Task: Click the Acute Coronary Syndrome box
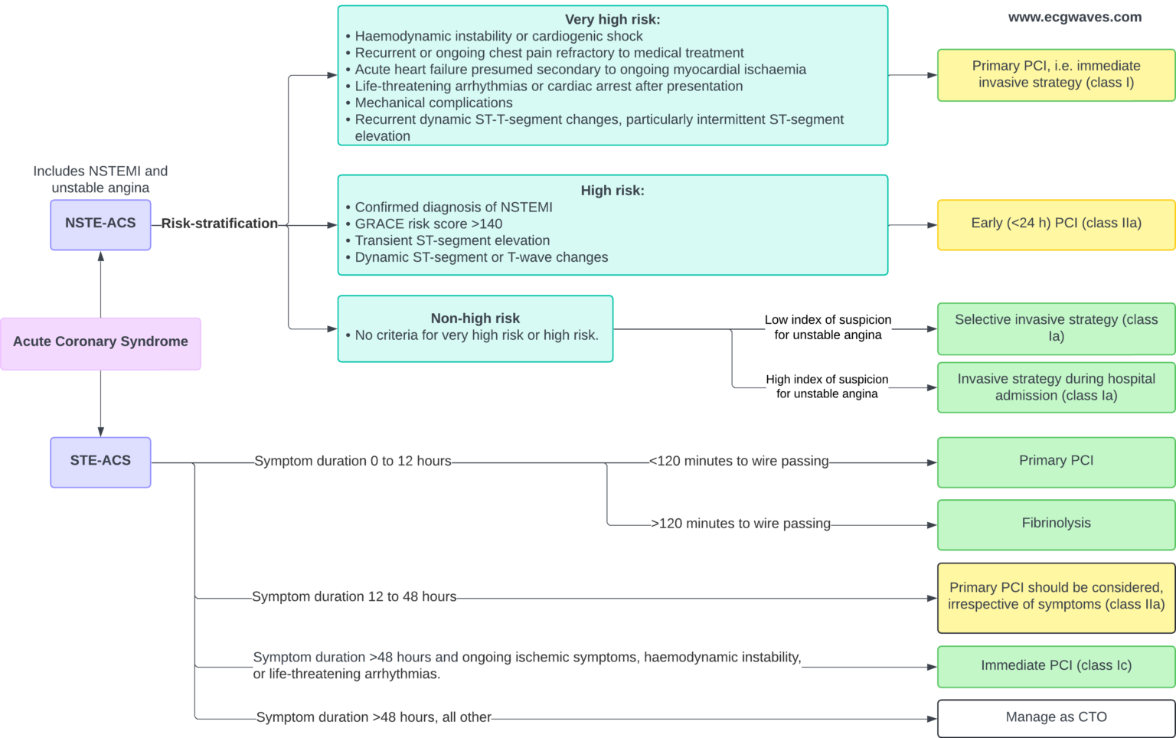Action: click(100, 342)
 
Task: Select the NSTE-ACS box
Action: click(100, 224)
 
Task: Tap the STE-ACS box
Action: click(100, 462)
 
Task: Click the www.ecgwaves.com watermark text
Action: click(1074, 18)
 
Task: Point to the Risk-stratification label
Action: click(219, 224)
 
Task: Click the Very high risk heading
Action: click(612, 20)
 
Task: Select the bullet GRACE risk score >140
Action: click(428, 224)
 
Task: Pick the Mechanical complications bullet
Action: click(433, 103)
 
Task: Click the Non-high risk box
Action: click(475, 328)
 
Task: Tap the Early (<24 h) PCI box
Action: click(1056, 224)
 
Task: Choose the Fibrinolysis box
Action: click(1056, 524)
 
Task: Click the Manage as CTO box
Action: click(1056, 718)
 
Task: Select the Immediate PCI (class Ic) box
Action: click(1056, 666)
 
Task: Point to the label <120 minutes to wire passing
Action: click(738, 462)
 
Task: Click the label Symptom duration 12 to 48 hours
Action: click(354, 597)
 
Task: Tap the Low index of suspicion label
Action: click(828, 328)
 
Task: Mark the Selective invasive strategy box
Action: click(1056, 328)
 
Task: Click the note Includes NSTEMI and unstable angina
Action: click(100, 179)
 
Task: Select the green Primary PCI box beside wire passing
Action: click(1056, 462)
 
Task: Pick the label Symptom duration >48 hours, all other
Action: click(374, 717)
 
